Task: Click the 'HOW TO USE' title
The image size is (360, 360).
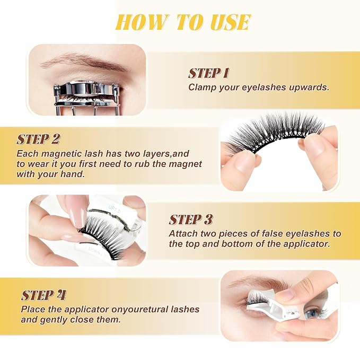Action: tap(183, 22)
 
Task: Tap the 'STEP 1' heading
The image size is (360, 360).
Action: tap(208, 74)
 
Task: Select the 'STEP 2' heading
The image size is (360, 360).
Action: tap(38, 139)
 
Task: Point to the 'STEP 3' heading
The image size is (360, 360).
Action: tap(190, 219)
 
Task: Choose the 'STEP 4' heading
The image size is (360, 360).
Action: tap(43, 295)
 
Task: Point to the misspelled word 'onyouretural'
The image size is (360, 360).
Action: tap(139, 309)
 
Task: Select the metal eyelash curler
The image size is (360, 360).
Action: tap(86, 98)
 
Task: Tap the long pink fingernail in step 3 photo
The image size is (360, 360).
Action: tap(75, 211)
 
